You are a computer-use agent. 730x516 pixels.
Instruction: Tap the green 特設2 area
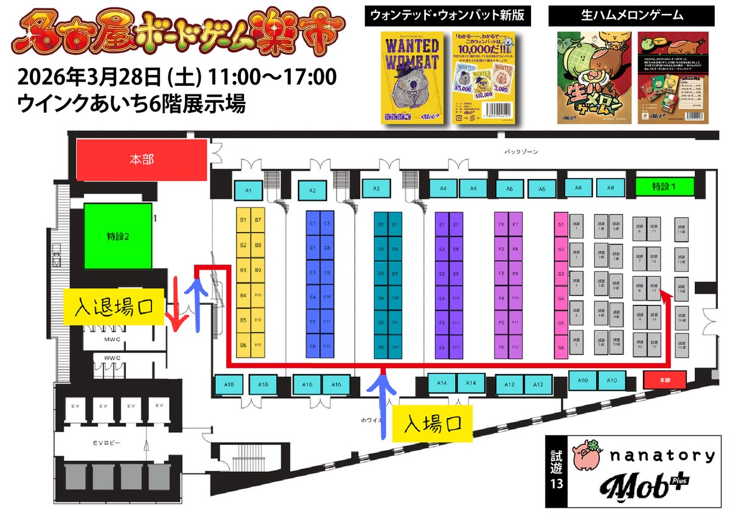tap(117, 236)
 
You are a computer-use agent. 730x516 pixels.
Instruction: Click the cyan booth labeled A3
tap(377, 189)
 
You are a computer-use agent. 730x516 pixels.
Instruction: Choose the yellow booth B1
tap(243, 219)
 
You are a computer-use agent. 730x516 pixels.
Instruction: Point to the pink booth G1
tap(561, 224)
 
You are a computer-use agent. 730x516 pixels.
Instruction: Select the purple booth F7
tap(515, 224)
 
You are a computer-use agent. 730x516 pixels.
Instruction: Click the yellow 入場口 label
tap(431, 422)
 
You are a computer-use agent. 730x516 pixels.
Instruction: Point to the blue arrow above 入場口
tap(383, 405)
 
